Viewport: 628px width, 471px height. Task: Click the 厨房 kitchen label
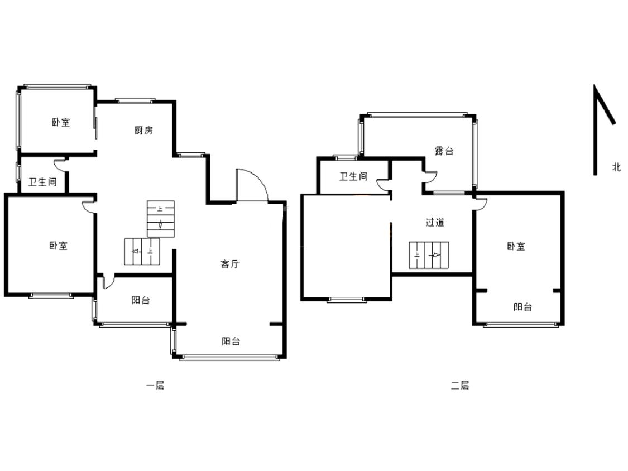143,130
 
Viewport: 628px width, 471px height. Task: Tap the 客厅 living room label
231,263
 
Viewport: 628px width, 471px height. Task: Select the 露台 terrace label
444,151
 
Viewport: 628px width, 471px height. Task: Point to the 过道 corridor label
434,222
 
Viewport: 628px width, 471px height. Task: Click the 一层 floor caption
155,385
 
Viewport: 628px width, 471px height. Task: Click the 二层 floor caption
460,385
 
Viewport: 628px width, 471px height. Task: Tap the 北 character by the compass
617,167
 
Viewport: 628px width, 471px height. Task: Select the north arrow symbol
604,129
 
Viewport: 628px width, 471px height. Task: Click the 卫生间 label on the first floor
42,182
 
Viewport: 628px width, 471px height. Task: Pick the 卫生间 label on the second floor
354,176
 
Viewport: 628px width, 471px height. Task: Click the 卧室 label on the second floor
516,246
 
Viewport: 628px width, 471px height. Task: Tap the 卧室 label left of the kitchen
61,122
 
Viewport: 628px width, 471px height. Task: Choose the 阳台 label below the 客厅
231,341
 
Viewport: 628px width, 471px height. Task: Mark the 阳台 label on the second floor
522,307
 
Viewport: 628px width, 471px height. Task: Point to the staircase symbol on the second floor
429,255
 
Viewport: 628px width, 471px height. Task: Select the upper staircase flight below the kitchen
161,219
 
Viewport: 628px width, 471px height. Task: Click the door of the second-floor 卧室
480,204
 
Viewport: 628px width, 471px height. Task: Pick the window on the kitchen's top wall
135,100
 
